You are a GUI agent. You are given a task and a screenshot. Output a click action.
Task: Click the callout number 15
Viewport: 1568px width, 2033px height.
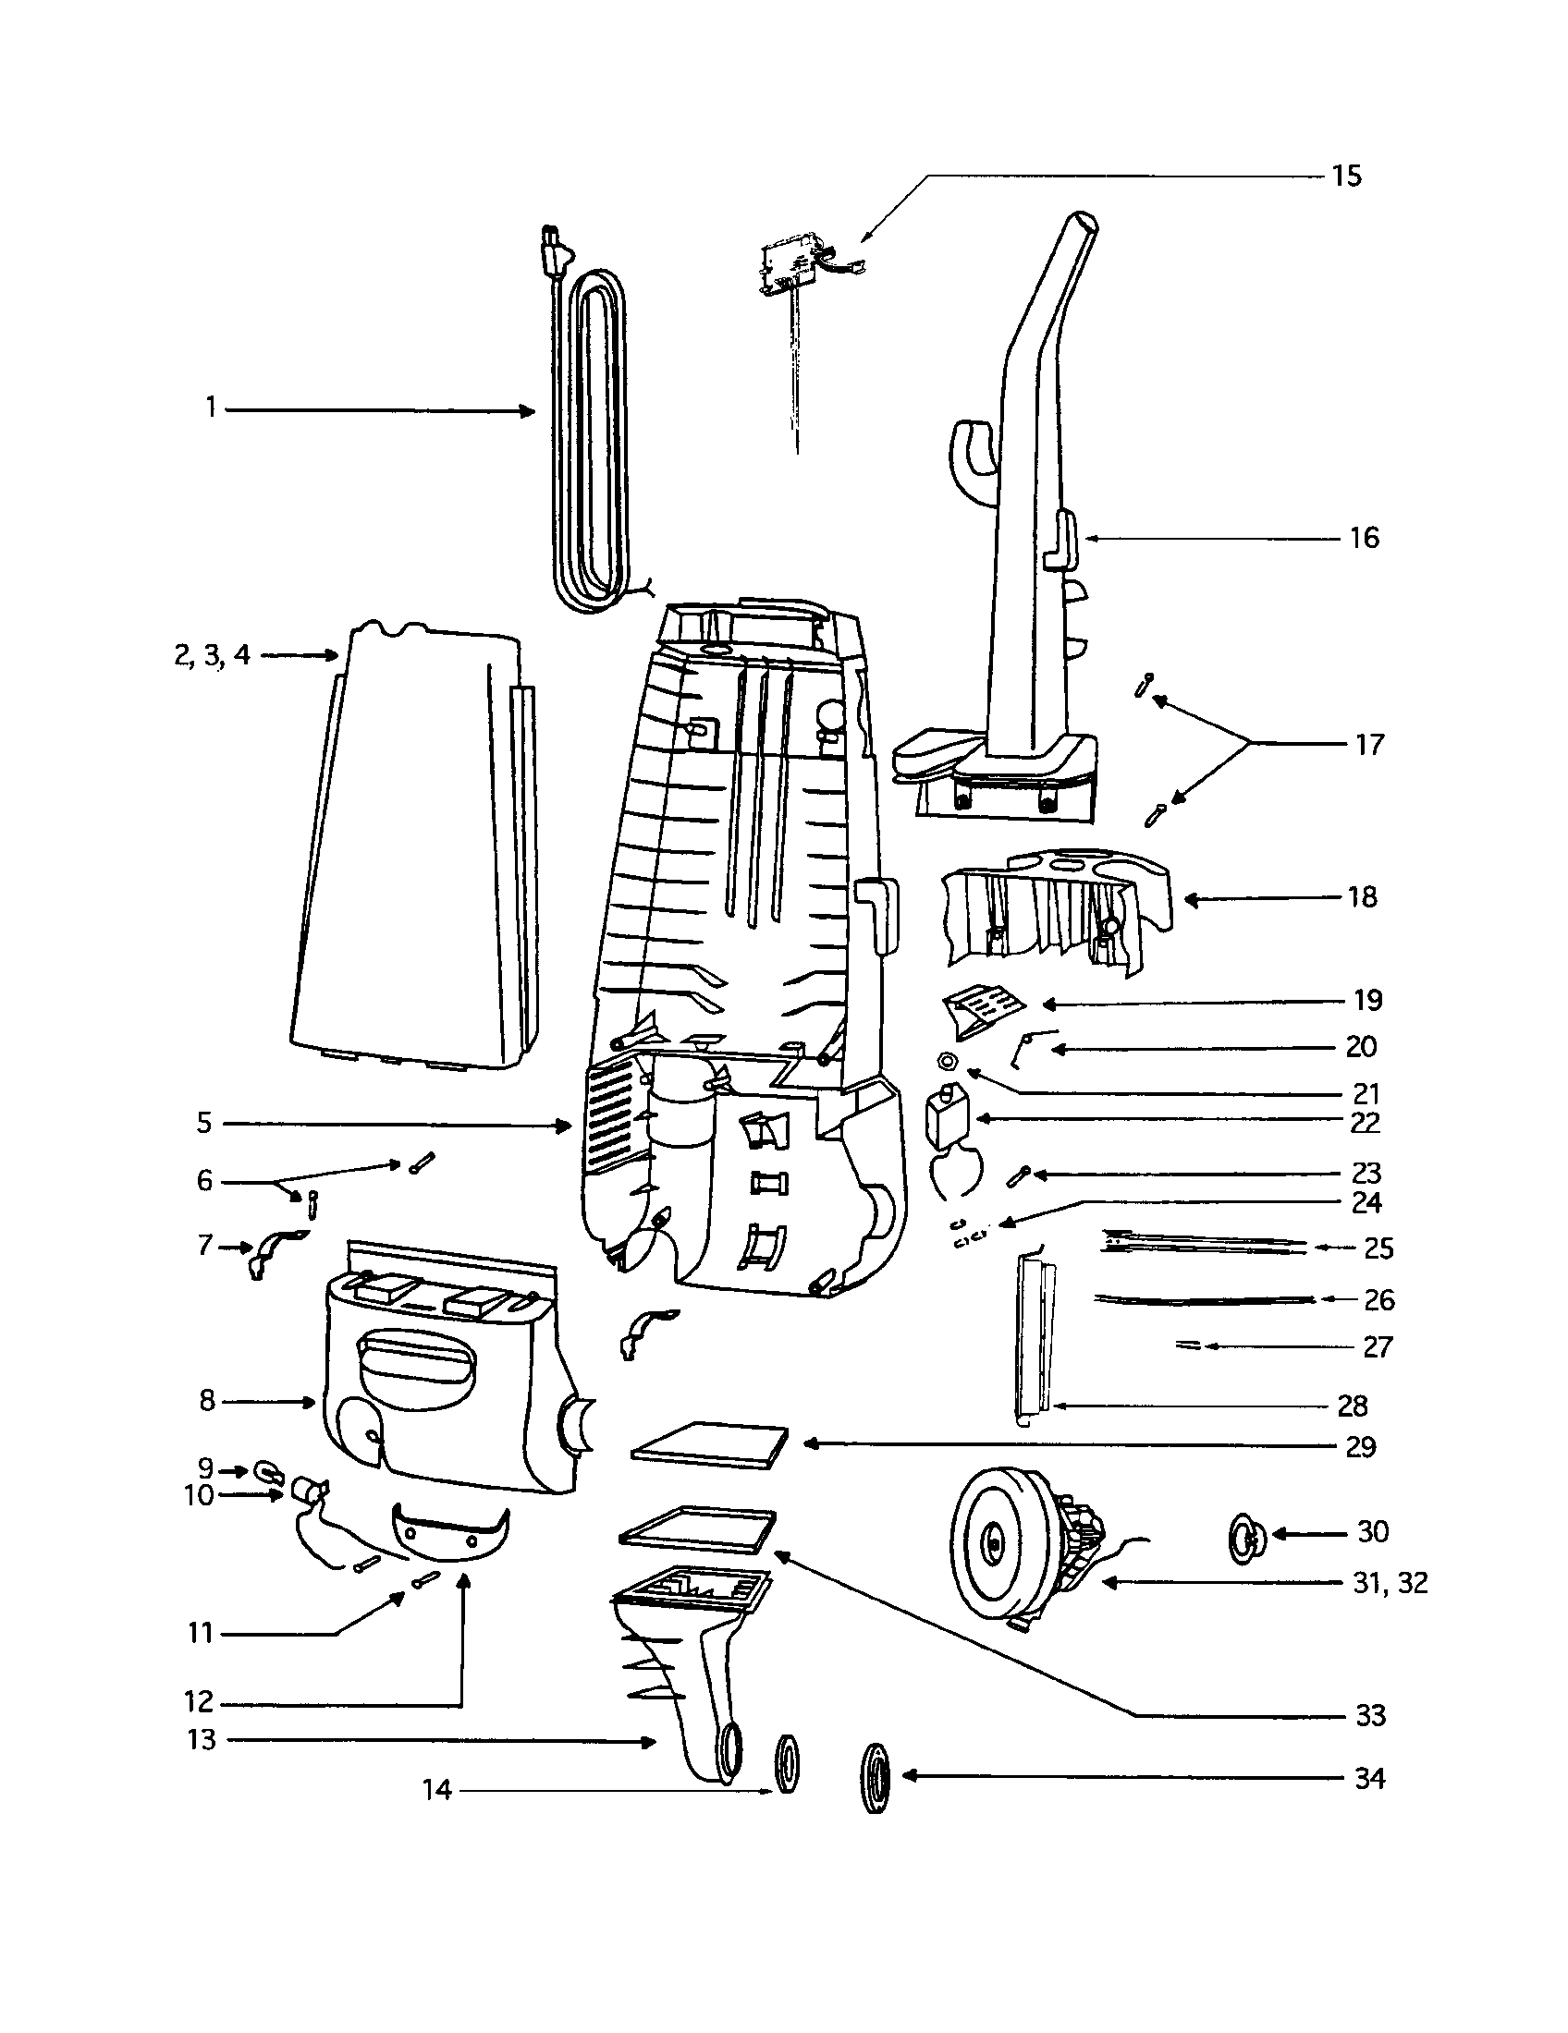(1345, 176)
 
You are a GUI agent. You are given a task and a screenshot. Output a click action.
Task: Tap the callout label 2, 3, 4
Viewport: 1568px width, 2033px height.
(212, 655)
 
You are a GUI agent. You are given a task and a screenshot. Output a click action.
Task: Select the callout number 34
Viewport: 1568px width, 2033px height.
(1368, 1779)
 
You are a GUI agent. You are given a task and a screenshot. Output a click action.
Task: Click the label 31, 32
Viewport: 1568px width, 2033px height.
(1390, 1582)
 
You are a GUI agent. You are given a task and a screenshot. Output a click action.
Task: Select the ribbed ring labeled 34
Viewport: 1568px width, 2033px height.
(876, 1779)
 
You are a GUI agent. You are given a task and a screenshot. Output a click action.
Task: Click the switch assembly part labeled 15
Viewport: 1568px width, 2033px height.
(791, 270)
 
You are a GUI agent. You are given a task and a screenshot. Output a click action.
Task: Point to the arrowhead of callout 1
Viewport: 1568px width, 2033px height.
(530, 410)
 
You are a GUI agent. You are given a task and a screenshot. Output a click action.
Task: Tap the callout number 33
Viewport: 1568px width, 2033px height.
(1369, 1714)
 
